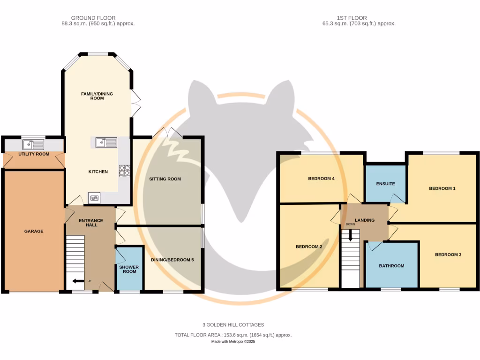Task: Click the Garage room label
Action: pos(33,231)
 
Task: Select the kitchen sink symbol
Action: pos(106,142)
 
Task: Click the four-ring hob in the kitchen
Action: pos(124,171)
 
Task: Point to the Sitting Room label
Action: pos(165,179)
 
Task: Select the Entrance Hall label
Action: pos(90,223)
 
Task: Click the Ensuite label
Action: pos(385,184)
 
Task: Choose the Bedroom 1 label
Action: pos(442,188)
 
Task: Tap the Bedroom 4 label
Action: pos(321,179)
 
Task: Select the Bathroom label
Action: pos(391,266)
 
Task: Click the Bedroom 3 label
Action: pos(448,255)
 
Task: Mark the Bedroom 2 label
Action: pos(308,247)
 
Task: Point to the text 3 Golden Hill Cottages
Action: pos(233,324)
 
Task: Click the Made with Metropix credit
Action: pos(233,342)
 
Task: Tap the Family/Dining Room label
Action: pos(97,96)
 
